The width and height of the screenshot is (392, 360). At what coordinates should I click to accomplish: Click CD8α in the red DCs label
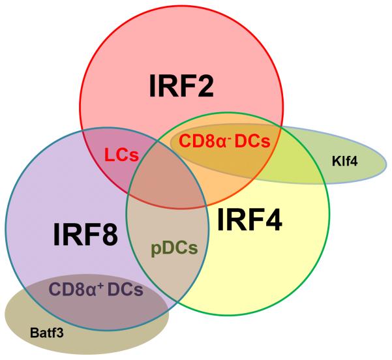200,141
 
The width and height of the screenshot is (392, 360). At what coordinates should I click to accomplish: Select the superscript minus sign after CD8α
225,136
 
